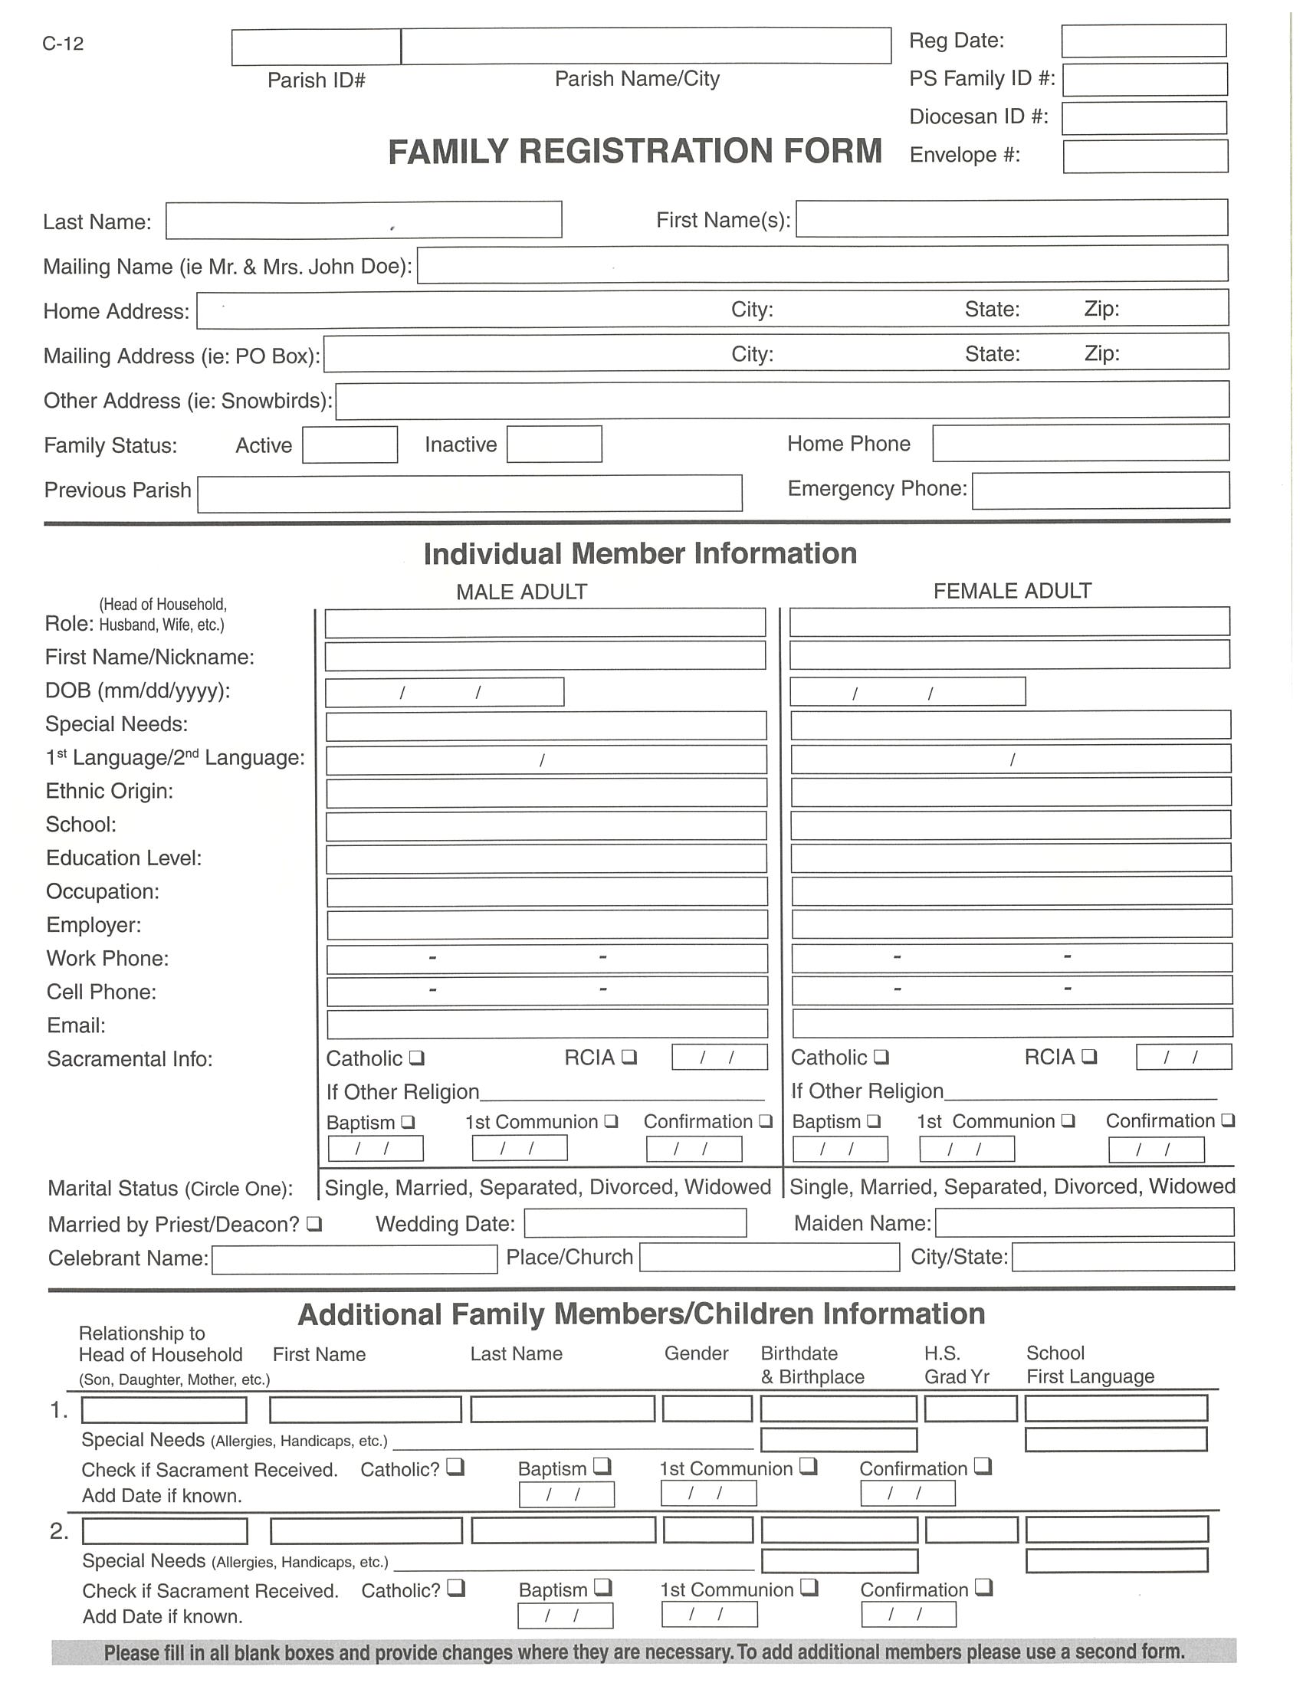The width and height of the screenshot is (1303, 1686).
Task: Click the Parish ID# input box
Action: pyautogui.click(x=316, y=47)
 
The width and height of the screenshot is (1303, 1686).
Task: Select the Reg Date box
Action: pyautogui.click(x=1144, y=41)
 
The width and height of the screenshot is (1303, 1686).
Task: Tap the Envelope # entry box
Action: pyautogui.click(x=1145, y=156)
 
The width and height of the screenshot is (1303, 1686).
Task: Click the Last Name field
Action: pyautogui.click(x=363, y=220)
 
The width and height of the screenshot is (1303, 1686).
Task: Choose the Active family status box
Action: pyautogui.click(x=350, y=444)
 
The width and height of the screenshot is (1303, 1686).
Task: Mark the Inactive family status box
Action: pyautogui.click(x=554, y=444)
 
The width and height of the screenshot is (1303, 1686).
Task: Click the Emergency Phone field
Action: pyautogui.click(x=1100, y=490)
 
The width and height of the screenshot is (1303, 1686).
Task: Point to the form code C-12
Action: pyautogui.click(x=63, y=44)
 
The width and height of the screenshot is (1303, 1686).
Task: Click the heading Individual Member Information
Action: pyautogui.click(x=640, y=553)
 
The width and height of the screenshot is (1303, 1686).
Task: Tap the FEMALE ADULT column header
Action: pyautogui.click(x=1012, y=592)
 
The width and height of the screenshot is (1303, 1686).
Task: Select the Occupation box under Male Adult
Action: pyautogui.click(x=546, y=891)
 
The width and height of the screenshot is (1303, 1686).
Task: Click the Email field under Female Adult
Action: pyautogui.click(x=1012, y=1023)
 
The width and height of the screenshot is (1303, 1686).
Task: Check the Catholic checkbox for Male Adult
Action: pyautogui.click(x=417, y=1058)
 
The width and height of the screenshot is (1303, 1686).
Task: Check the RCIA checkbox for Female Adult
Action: pyautogui.click(x=1089, y=1056)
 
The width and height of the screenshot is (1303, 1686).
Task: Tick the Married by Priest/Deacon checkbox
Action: pyautogui.click(x=314, y=1224)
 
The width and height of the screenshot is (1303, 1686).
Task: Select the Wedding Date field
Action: pyautogui.click(x=635, y=1223)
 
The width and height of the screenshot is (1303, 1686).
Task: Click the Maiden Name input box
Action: pyautogui.click(x=1084, y=1222)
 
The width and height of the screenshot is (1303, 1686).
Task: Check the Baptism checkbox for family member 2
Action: pyautogui.click(x=603, y=1588)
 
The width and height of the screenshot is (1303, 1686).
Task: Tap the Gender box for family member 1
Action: pyautogui.click(x=707, y=1409)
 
